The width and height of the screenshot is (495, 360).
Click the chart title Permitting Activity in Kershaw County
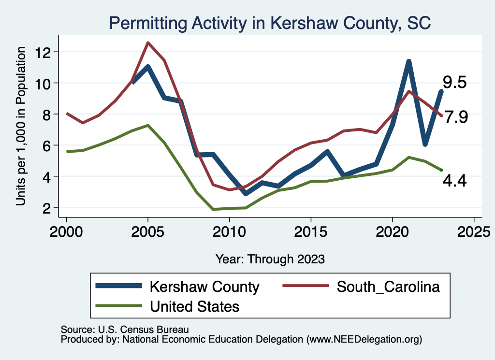(x=270, y=23)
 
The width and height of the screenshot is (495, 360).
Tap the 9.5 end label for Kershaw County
(x=455, y=83)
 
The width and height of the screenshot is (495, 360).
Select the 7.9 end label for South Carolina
(x=456, y=117)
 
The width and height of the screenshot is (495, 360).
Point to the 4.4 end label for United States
(x=454, y=181)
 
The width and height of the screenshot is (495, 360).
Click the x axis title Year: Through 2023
(x=270, y=259)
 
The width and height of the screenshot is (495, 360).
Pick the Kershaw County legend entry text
(x=204, y=287)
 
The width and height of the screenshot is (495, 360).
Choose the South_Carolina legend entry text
(x=388, y=287)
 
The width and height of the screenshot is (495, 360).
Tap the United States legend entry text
(x=195, y=306)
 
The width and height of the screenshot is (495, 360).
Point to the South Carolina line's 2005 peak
(x=148, y=43)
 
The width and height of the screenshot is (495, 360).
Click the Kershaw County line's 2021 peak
(x=409, y=61)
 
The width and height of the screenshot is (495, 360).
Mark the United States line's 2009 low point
(x=213, y=209)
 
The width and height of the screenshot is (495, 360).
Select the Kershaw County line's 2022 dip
(x=425, y=144)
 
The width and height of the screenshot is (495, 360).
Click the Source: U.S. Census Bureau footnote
(x=124, y=329)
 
